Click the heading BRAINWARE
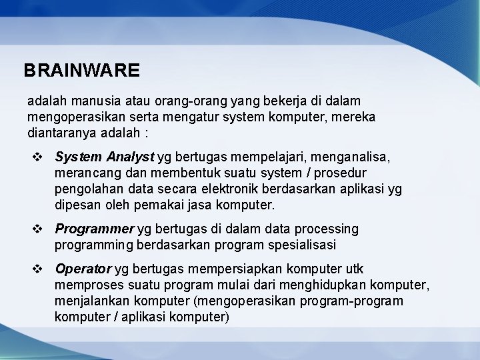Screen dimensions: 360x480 point(81,70)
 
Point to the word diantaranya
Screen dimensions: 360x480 point(60,131)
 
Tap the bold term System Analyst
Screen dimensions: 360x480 point(105,157)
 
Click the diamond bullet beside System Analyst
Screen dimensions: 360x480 point(37,157)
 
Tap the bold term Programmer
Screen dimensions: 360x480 point(95,229)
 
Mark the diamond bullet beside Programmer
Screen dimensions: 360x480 point(37,230)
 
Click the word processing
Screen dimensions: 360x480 point(327,229)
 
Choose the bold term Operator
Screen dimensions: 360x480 point(83,269)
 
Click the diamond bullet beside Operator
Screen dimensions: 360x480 point(37,270)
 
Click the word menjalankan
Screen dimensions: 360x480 point(87,302)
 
